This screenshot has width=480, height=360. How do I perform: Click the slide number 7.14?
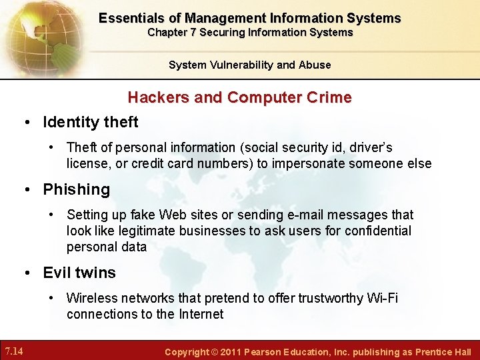pos(15,351)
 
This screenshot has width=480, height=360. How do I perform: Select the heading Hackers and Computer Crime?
pos(239,97)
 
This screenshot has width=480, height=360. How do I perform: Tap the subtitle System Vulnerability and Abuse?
pos(249,65)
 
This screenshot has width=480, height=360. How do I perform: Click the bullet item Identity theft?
pos(90,122)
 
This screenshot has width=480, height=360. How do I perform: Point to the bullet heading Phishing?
pos(76,189)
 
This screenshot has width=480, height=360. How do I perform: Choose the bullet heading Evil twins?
pos(79,273)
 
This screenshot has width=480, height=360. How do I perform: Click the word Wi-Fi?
pos(383,298)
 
